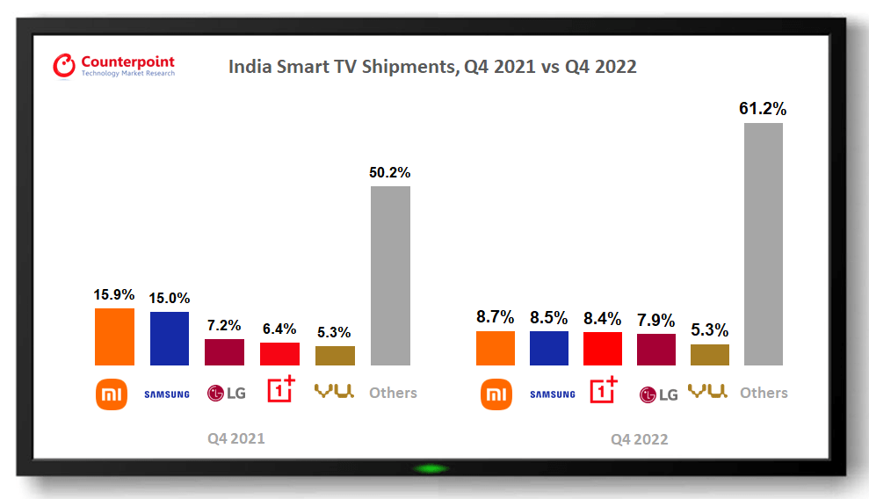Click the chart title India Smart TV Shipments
tap(432, 67)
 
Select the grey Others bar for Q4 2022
tap(763, 243)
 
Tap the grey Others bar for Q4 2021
tap(390, 275)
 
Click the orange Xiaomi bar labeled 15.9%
tap(114, 336)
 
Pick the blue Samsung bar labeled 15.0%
tap(169, 338)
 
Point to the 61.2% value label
tap(763, 110)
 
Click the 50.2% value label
tap(390, 173)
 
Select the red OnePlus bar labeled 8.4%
tap(603, 348)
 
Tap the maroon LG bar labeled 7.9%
tap(656, 349)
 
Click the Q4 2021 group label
tap(235, 438)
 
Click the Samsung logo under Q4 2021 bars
tap(167, 394)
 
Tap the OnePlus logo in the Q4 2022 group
tap(603, 392)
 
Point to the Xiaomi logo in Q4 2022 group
tap(496, 394)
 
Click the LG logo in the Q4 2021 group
tap(226, 393)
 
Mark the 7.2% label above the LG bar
tap(224, 326)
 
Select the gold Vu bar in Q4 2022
tap(710, 354)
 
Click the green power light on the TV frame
tap(431, 468)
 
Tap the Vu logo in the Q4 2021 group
tap(335, 392)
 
